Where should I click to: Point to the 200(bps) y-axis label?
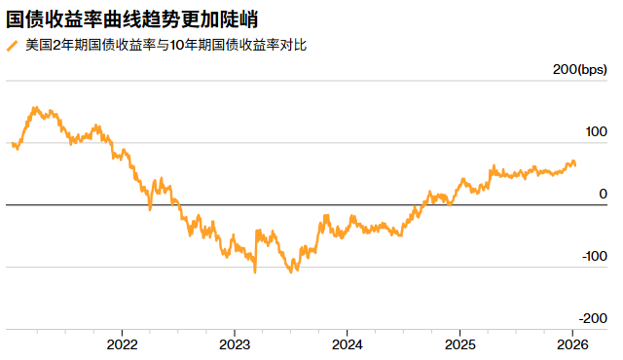579,70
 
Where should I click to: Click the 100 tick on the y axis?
594,131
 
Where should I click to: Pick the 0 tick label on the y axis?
603,194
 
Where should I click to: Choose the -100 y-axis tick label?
591,256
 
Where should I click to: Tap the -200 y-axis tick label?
591,318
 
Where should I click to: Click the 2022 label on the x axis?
122,344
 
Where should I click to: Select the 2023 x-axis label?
235,344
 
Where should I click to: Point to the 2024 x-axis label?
347,344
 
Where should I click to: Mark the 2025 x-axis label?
459,344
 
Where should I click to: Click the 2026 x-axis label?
572,344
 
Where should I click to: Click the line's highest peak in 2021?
35,108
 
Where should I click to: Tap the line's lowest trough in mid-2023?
291,271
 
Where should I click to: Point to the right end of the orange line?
574,165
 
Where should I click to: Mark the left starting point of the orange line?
11,145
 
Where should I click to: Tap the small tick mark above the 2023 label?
235,332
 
